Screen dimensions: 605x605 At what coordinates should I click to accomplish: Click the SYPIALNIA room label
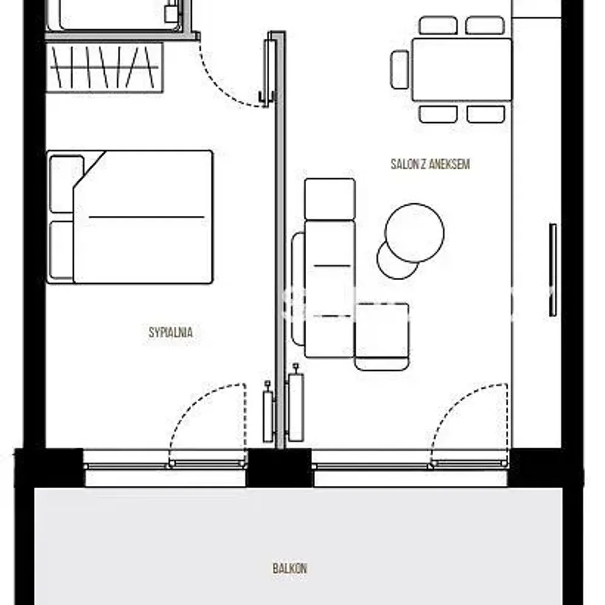(x=171, y=332)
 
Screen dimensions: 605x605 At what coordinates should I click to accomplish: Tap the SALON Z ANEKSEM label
(x=430, y=165)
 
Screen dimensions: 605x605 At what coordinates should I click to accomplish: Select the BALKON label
(x=290, y=568)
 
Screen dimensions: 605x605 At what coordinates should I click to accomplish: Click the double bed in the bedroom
(x=129, y=217)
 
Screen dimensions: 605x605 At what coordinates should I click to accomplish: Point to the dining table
(x=462, y=70)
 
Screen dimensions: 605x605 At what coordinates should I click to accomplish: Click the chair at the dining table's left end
(x=400, y=70)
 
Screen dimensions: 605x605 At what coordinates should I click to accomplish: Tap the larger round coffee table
(x=414, y=233)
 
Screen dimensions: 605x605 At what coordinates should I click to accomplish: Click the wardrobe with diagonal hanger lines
(x=104, y=68)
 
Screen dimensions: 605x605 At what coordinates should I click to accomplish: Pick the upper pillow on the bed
(x=67, y=184)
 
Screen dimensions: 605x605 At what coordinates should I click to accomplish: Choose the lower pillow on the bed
(x=62, y=250)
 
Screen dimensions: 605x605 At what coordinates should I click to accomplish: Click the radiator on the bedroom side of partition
(x=268, y=412)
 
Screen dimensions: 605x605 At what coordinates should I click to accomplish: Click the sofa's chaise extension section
(x=382, y=336)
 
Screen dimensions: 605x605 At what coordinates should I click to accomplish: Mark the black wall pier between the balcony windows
(x=278, y=468)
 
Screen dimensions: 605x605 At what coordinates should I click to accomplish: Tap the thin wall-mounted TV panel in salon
(x=553, y=270)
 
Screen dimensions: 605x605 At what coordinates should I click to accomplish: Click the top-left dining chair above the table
(x=438, y=25)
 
